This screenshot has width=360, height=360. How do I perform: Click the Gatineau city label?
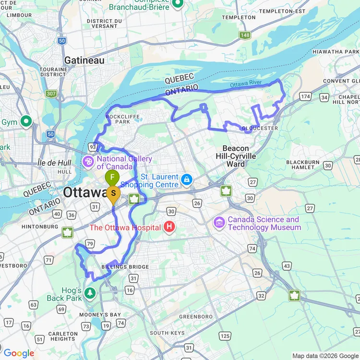tap(84, 60)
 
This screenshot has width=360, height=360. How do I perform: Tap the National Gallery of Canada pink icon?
tap(88, 162)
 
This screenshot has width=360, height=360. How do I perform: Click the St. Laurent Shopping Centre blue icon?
tap(186, 180)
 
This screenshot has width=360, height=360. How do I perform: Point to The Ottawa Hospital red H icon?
tap(169, 227)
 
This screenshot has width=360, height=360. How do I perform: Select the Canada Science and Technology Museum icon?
tap(220, 222)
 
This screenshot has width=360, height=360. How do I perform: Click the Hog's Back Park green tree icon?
tap(90, 292)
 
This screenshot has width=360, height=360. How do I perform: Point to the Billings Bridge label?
tap(125, 267)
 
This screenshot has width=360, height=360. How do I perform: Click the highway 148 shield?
tap(246, 35)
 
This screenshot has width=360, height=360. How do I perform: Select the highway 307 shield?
tap(51, 94)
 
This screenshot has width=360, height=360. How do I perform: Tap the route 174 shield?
tap(306, 97)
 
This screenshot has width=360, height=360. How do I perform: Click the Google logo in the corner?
tap(19, 353)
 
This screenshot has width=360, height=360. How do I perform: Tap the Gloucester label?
tap(260, 128)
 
